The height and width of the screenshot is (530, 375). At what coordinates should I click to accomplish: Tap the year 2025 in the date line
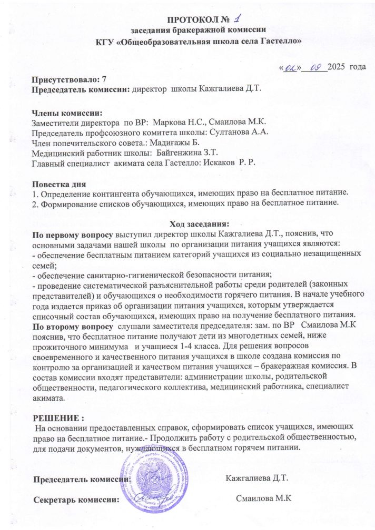[338, 68]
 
